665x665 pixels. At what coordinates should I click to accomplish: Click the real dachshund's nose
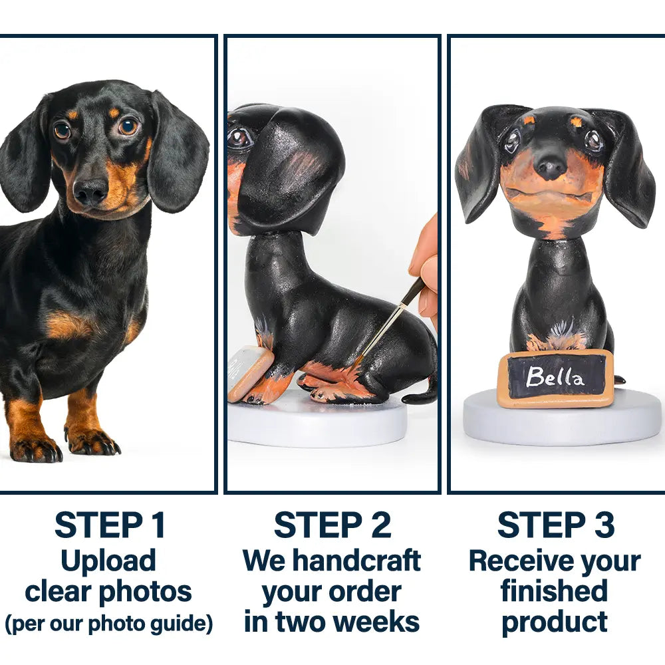pyautogui.click(x=91, y=193)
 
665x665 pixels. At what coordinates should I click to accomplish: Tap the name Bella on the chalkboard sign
pyautogui.click(x=555, y=378)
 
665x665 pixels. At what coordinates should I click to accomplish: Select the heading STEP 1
pyautogui.click(x=110, y=525)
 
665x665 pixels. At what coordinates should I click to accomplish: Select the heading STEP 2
pyautogui.click(x=332, y=525)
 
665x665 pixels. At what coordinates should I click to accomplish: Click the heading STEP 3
pyautogui.click(x=555, y=525)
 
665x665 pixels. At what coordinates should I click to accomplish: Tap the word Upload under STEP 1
pyautogui.click(x=108, y=561)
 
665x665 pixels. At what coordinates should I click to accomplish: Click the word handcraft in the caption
pyautogui.click(x=356, y=561)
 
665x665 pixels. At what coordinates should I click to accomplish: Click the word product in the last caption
pyautogui.click(x=554, y=622)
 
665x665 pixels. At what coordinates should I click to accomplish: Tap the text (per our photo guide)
pyautogui.click(x=108, y=624)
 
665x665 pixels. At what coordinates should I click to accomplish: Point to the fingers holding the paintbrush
pyautogui.click(x=426, y=266)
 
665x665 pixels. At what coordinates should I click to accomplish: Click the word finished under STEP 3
pyautogui.click(x=554, y=591)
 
